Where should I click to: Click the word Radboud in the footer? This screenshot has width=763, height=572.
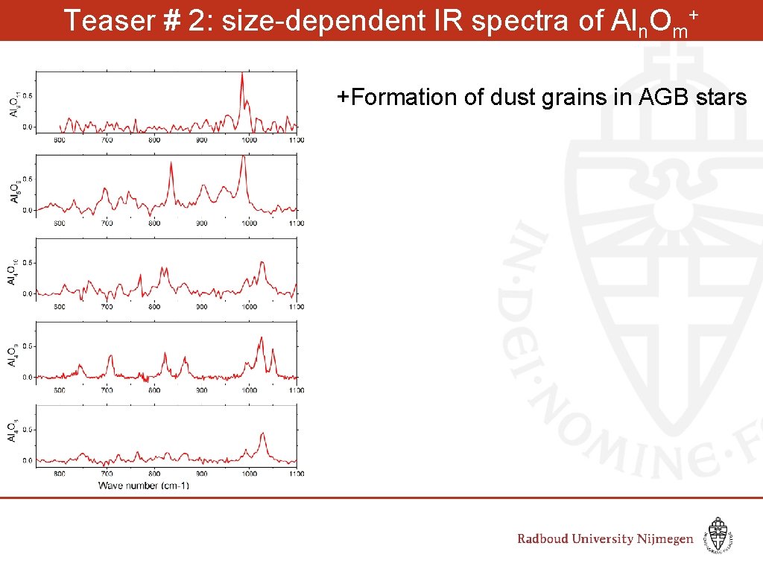pos(548,538)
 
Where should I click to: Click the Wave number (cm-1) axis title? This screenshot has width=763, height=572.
pos(143,486)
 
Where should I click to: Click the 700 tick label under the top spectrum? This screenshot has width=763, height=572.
pos(107,140)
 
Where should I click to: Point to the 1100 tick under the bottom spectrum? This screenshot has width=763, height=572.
pos(296,473)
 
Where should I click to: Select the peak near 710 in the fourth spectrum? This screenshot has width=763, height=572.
pos(110,357)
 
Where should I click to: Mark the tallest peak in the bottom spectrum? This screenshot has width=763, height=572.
pos(262,433)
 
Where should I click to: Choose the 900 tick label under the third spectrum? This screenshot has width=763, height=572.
pos(201,307)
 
